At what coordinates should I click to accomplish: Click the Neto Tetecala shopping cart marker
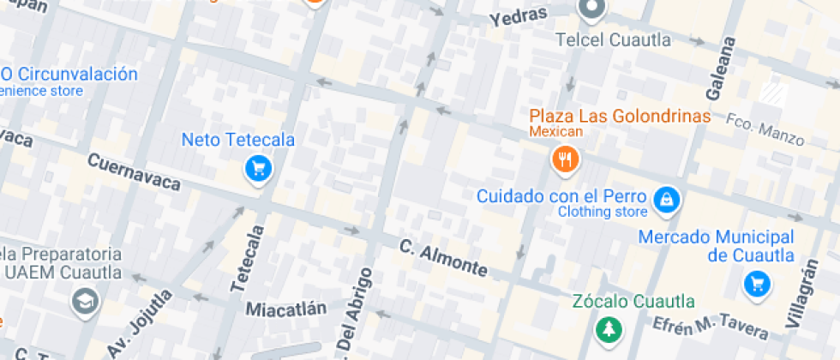258,168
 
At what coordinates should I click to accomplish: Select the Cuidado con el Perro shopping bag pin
666,201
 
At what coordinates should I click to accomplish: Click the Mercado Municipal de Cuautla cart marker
757,282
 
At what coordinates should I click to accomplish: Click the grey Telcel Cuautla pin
591,9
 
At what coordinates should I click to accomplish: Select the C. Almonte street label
443,257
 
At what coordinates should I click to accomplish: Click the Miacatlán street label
286,308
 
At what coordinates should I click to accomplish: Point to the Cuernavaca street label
135,172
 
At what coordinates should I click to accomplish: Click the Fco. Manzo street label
765,129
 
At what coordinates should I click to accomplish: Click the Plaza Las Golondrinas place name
620,116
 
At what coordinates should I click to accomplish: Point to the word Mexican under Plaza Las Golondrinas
555,132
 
